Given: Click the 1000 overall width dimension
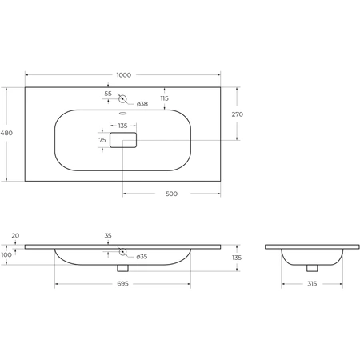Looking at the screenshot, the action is (x=124, y=75).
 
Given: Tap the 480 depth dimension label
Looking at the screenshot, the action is (x=6, y=133).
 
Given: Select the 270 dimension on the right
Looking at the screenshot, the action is (x=238, y=114).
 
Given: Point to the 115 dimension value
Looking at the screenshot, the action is (x=165, y=98).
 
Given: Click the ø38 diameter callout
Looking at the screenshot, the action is (x=142, y=104).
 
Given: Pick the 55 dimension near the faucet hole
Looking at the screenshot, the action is (x=108, y=94).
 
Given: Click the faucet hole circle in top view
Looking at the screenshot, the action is (x=122, y=99).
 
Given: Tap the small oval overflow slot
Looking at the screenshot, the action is (x=122, y=114).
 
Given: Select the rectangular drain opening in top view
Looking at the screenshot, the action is (x=123, y=140).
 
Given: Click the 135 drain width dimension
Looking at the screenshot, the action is (x=122, y=126).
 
